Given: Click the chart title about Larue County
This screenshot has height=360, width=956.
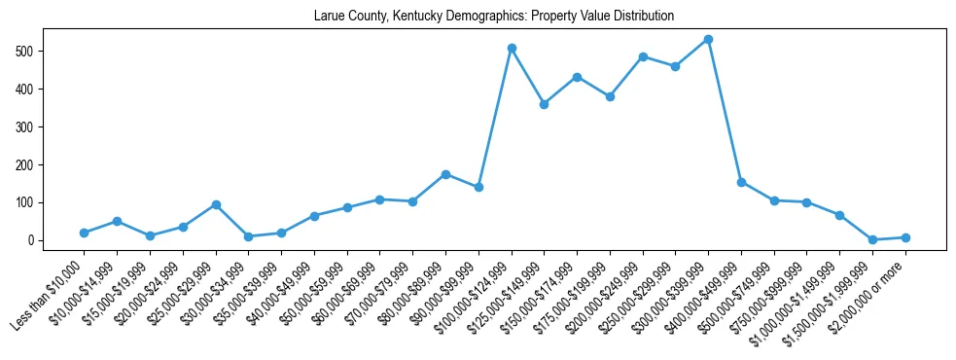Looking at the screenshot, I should pyautogui.click(x=493, y=17).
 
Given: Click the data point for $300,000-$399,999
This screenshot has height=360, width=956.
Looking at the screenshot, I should pyautogui.click(x=708, y=39).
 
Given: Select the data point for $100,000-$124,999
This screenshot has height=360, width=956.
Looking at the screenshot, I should pyautogui.click(x=512, y=48).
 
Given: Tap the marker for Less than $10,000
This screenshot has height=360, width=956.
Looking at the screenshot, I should pyautogui.click(x=85, y=233).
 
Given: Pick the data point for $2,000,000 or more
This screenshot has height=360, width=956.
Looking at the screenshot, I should pyautogui.click(x=905, y=237).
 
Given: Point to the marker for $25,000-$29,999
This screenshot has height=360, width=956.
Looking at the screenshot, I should pyautogui.click(x=216, y=204).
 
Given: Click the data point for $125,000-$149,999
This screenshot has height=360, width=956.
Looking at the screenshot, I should pyautogui.click(x=544, y=104).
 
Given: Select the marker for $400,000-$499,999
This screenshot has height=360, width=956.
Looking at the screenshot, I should pyautogui.click(x=741, y=182).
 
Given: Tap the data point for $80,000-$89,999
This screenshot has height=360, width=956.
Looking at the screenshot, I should pyautogui.click(x=445, y=174).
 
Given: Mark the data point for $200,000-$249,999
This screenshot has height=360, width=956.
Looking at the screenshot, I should pyautogui.click(x=643, y=56).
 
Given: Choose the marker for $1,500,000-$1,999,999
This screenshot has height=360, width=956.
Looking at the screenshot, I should pyautogui.click(x=872, y=239).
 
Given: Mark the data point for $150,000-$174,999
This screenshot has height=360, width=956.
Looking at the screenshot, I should pyautogui.click(x=577, y=77).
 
